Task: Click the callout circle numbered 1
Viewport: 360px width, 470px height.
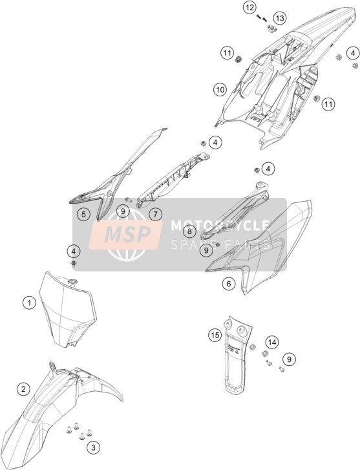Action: (x=29, y=303)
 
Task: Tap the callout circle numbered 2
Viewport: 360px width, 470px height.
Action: (x=23, y=389)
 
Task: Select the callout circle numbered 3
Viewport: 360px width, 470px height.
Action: (x=93, y=448)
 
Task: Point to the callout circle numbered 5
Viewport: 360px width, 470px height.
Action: (x=83, y=214)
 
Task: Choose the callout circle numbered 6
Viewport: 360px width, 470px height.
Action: (x=229, y=283)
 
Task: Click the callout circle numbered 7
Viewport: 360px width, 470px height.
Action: (x=155, y=214)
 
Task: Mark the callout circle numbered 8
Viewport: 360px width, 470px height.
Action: (x=189, y=231)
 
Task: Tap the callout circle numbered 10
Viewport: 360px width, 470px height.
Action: (x=220, y=89)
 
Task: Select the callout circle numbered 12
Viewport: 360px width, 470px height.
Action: (x=249, y=8)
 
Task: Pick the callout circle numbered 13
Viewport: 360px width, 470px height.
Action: (x=279, y=18)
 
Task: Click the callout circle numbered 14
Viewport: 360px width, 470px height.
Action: (x=272, y=342)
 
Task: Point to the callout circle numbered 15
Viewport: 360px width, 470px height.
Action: (x=215, y=335)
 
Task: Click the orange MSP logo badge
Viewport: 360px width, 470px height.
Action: (x=125, y=235)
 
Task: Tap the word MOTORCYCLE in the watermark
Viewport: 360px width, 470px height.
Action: (x=220, y=226)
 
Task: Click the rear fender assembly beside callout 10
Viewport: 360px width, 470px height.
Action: (x=282, y=75)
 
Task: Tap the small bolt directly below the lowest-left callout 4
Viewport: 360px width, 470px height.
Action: (x=74, y=264)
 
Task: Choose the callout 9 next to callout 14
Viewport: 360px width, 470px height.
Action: (x=289, y=359)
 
